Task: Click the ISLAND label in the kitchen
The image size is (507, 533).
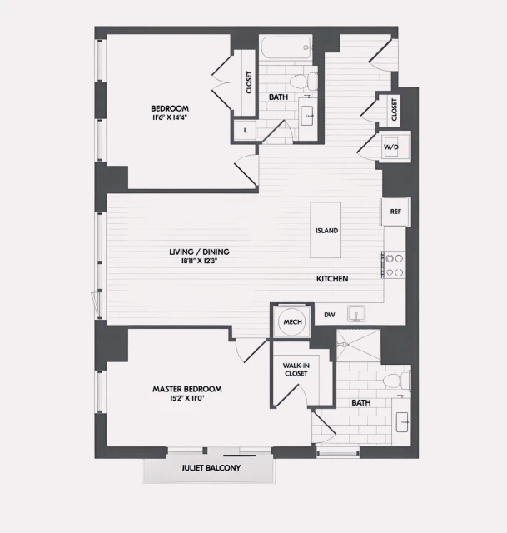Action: click(326, 230)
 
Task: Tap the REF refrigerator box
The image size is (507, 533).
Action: click(395, 212)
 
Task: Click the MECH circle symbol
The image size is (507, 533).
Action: click(291, 321)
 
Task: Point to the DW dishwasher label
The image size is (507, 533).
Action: click(329, 314)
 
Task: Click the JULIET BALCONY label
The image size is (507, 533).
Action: click(211, 468)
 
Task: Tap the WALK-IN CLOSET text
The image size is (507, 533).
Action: click(296, 369)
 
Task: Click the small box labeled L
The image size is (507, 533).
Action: click(245, 130)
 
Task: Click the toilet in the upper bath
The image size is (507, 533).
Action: click(312, 80)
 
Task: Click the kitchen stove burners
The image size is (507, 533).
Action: click(394, 265)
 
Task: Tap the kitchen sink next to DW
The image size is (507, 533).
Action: click(358, 314)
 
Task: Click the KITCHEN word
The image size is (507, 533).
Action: click(331, 278)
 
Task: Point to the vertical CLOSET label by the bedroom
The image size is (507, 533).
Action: click(248, 83)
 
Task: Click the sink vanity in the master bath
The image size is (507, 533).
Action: click(402, 422)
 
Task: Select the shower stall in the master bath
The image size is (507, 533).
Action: click(358, 345)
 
